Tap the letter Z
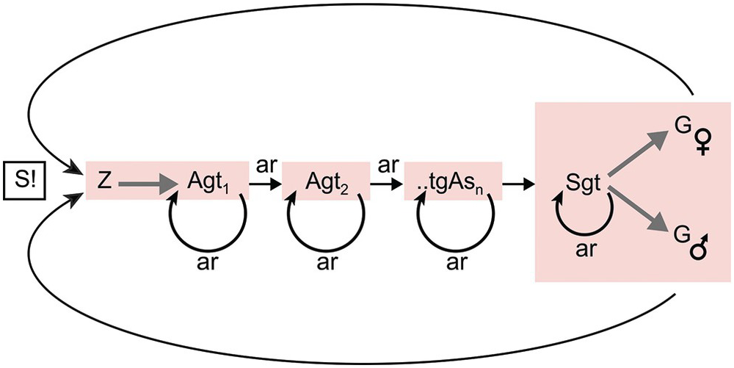point(103,181)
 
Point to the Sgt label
point(584,181)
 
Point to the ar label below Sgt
point(586,250)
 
